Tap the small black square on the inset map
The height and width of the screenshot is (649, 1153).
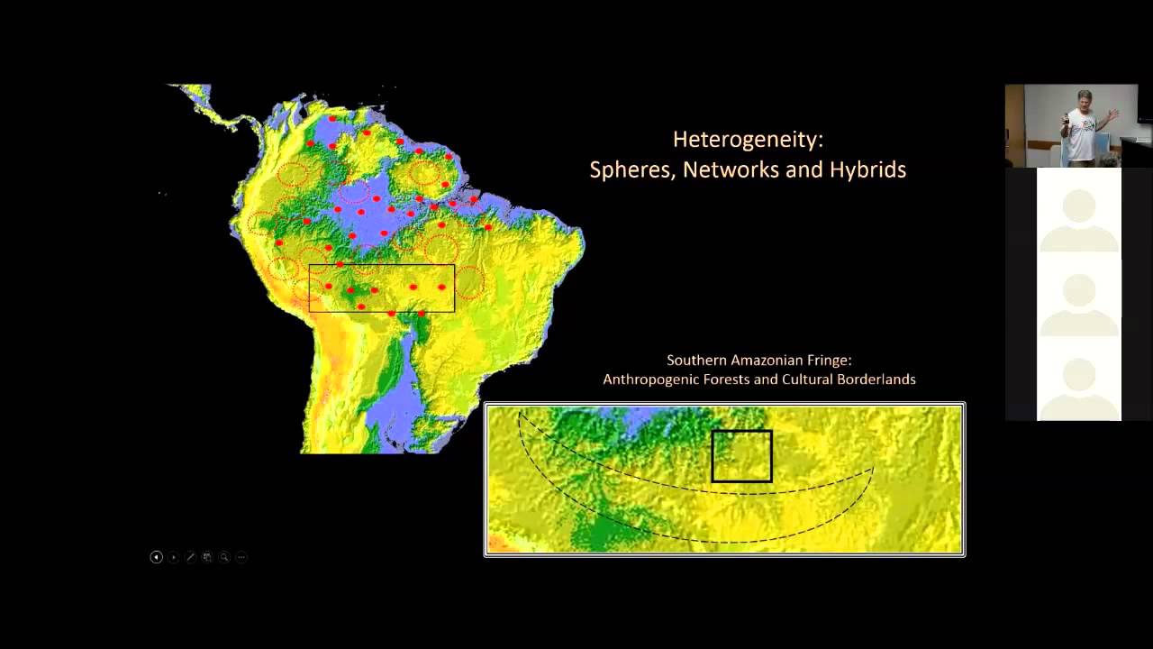click(741, 455)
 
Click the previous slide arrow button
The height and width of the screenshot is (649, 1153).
click(156, 557)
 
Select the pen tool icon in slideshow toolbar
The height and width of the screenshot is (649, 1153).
click(190, 557)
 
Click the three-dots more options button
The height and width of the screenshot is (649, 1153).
click(241, 557)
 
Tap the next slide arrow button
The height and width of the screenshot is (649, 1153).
click(173, 557)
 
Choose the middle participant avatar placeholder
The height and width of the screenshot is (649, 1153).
click(1079, 302)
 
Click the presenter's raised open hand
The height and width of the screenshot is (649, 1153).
click(1113, 114)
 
